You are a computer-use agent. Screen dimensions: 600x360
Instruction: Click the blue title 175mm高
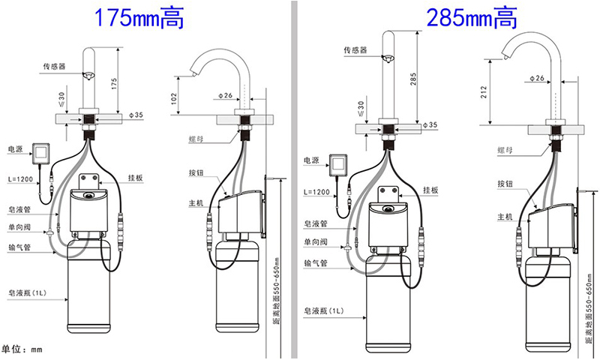[139, 18]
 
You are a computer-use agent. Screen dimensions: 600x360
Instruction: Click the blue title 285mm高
[472, 18]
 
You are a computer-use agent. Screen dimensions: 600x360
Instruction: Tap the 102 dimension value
[175, 99]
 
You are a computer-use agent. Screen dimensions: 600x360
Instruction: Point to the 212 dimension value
[484, 92]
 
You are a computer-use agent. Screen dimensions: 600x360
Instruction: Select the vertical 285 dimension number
[413, 79]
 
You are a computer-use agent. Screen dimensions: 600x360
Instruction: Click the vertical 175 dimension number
[114, 84]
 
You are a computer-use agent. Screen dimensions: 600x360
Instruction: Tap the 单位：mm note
[22, 349]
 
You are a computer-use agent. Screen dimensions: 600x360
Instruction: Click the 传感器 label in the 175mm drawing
[54, 67]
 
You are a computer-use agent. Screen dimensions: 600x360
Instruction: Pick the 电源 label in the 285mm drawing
[311, 160]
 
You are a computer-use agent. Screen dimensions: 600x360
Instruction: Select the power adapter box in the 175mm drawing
[41, 154]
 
